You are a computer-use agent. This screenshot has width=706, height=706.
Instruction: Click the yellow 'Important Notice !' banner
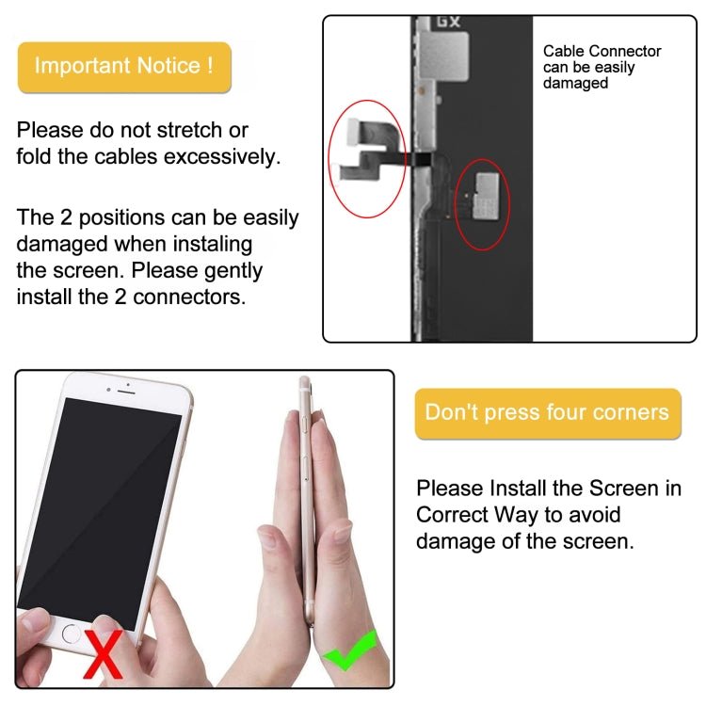pyautogui.click(x=124, y=67)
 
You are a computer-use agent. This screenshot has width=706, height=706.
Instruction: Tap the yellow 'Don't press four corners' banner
pyautogui.click(x=547, y=413)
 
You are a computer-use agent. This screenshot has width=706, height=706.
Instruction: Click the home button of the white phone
pyautogui.click(x=72, y=633)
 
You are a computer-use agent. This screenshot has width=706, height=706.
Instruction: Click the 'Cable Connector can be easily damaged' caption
pyautogui.click(x=602, y=67)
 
